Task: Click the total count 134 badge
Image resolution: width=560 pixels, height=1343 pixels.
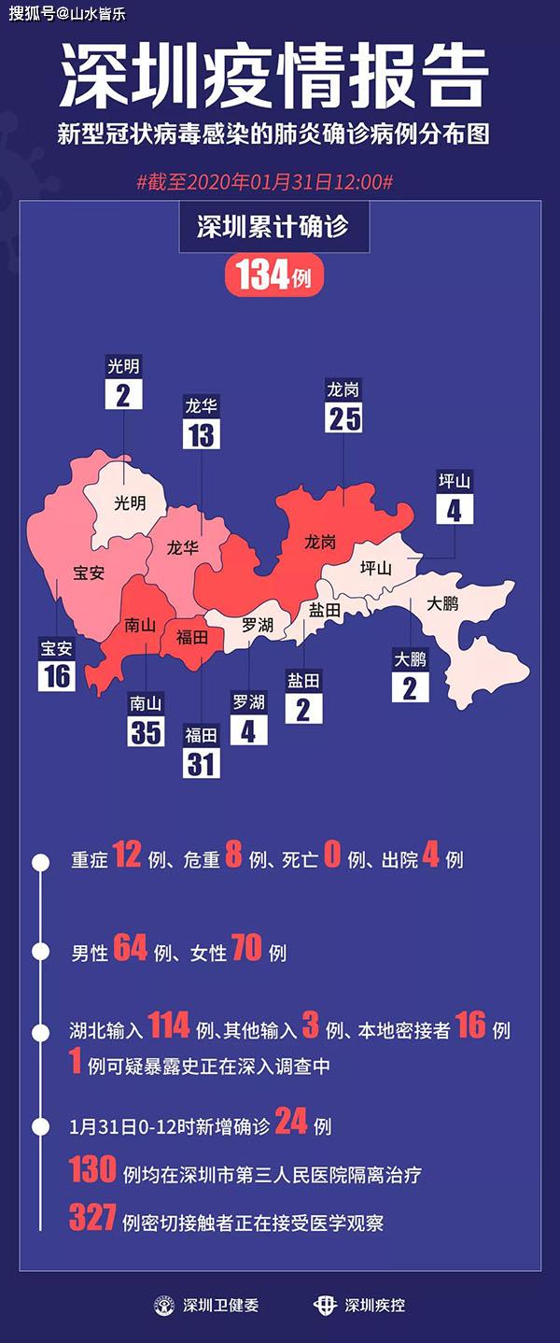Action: click(x=273, y=276)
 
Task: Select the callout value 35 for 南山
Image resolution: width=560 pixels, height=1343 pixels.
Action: click(x=146, y=731)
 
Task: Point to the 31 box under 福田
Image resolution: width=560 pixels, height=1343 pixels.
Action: click(x=202, y=763)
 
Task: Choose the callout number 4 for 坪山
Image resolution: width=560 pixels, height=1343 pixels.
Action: click(x=455, y=509)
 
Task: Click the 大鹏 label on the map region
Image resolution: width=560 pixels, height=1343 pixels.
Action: click(x=442, y=604)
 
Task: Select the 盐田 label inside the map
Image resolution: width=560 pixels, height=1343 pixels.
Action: click(x=323, y=609)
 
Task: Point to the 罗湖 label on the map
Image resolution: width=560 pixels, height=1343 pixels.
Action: click(x=257, y=625)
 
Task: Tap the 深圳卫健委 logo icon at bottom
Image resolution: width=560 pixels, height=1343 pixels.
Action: click(x=164, y=1305)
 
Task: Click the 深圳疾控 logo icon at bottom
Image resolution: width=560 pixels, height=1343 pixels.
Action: click(x=325, y=1305)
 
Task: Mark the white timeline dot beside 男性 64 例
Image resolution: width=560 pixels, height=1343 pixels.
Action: click(x=40, y=953)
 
